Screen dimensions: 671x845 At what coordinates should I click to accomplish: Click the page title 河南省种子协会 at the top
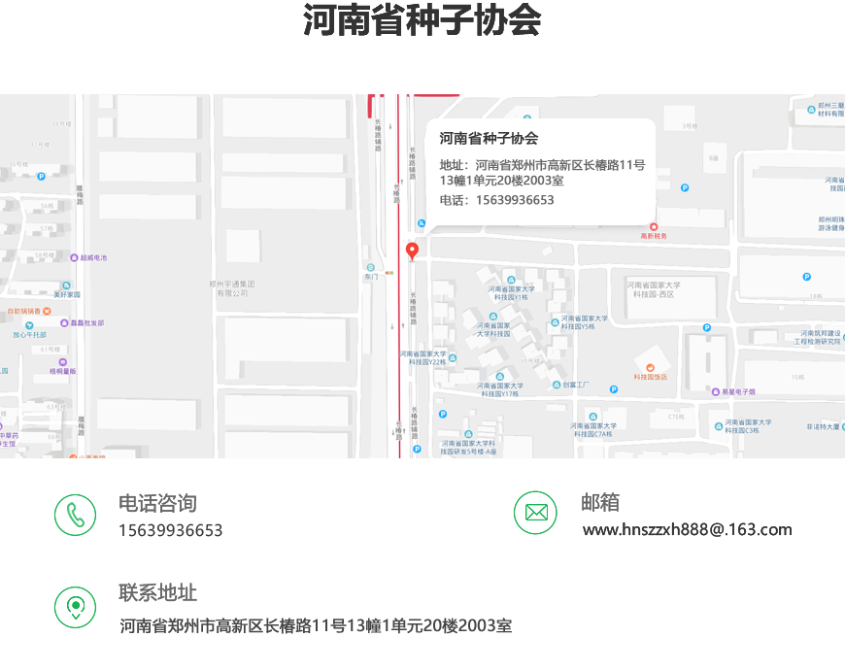click(422, 21)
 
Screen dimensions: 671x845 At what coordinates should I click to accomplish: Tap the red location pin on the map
click(412, 252)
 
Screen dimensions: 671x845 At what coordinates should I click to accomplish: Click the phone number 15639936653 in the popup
click(514, 200)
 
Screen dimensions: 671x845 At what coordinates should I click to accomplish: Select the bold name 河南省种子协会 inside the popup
click(489, 139)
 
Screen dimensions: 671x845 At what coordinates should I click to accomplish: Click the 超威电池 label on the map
click(92, 257)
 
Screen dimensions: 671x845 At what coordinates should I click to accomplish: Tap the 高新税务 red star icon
click(654, 226)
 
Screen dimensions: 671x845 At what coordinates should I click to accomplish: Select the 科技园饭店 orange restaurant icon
click(651, 366)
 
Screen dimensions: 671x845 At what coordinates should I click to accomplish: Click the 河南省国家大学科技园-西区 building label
click(655, 289)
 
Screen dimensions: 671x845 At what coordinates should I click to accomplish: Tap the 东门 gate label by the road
click(370, 276)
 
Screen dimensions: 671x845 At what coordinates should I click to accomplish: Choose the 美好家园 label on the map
click(67, 293)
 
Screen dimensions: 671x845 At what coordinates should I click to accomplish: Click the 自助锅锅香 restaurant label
click(23, 311)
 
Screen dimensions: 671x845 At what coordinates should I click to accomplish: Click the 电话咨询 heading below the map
click(157, 503)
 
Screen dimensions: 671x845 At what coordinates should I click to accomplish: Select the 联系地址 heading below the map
click(157, 592)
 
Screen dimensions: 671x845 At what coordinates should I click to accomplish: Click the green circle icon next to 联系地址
click(75, 607)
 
